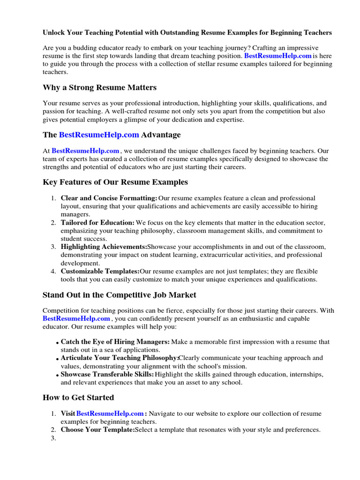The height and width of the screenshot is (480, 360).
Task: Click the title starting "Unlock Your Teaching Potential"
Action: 187,33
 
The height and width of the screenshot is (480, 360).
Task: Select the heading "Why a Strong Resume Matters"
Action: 99,88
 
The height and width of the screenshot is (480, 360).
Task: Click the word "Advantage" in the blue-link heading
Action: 161,135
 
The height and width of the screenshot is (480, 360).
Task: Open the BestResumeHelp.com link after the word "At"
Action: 85,151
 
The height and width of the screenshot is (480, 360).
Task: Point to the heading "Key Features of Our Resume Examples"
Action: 115,182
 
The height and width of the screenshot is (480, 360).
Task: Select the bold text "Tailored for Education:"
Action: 97,223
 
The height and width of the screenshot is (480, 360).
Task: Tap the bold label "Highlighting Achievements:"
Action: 104,247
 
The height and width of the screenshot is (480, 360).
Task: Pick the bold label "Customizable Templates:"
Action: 100,271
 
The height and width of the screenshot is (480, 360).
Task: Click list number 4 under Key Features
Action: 53,271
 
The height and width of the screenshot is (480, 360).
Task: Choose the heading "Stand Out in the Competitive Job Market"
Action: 120,295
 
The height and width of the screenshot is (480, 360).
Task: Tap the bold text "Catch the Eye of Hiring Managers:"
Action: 115,342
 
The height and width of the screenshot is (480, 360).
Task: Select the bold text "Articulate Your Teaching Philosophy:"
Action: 120,358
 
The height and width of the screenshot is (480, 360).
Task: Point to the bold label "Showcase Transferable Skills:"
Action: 107,374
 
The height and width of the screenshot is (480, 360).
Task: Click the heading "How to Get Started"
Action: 78,397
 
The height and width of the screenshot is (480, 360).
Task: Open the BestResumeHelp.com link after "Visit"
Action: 110,413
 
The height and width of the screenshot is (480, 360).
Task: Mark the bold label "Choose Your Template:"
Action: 97,429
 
